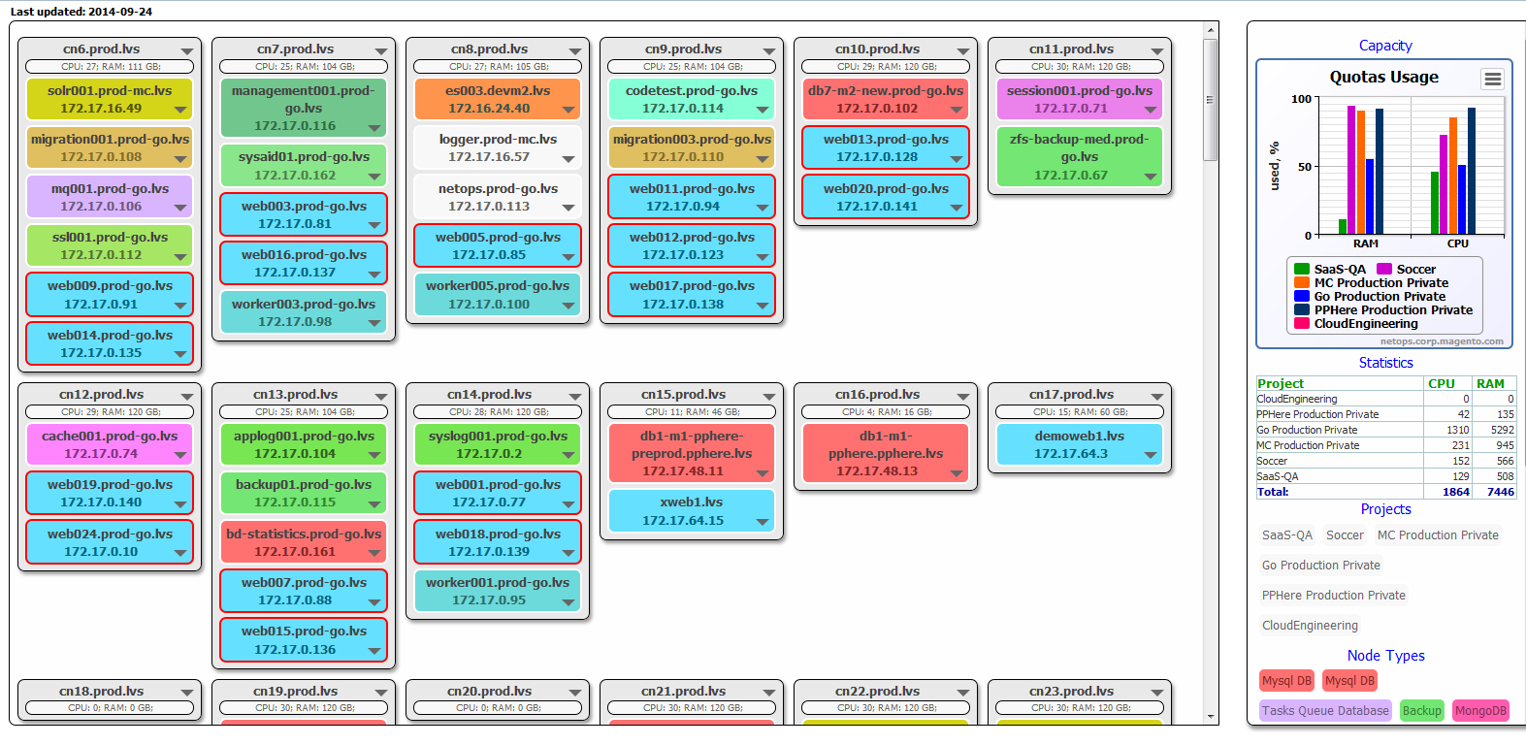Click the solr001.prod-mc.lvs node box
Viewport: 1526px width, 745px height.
pyautogui.click(x=110, y=99)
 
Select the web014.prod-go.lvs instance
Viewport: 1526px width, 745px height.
pyautogui.click(x=110, y=344)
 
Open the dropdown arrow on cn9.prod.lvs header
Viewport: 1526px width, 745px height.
pyautogui.click(x=769, y=51)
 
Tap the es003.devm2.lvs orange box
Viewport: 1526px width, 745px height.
pyautogui.click(x=498, y=99)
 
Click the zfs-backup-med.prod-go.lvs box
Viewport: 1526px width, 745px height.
pyautogui.click(x=1079, y=157)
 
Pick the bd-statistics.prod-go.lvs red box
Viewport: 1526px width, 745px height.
pyautogui.click(x=304, y=543)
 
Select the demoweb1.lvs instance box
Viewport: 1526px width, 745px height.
pyautogui.click(x=1079, y=444)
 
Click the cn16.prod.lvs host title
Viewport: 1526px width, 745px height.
pyautogui.click(x=877, y=395)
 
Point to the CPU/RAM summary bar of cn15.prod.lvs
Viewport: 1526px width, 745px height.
pyautogui.click(x=692, y=412)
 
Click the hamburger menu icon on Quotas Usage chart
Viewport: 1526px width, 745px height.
pyautogui.click(x=1493, y=79)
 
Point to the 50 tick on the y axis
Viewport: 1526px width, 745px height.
pyautogui.click(x=1304, y=167)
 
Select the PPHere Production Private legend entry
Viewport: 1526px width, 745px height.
pyautogui.click(x=1383, y=309)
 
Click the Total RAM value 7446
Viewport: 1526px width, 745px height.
pyautogui.click(x=1500, y=492)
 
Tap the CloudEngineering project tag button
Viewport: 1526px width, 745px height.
pyautogui.click(x=1310, y=625)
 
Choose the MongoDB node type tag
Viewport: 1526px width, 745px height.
pyautogui.click(x=1480, y=711)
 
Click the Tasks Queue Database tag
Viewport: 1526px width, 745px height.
pyautogui.click(x=1325, y=711)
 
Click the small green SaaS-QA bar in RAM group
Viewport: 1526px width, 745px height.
pyautogui.click(x=1343, y=227)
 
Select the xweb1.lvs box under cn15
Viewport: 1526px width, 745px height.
pyautogui.click(x=692, y=511)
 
